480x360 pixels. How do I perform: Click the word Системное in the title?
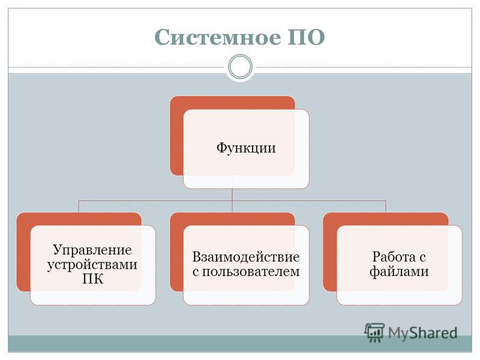tap(218, 37)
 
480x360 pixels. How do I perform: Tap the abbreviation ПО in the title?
tap(306, 37)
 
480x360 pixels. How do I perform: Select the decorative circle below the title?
tap(241, 67)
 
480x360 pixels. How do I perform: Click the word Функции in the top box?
tap(246, 148)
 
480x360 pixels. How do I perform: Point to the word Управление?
tap(92, 250)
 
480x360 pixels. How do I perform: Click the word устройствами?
tap(92, 265)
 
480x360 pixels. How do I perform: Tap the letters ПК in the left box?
tap(92, 279)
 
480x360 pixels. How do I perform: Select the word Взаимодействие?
tap(246, 257)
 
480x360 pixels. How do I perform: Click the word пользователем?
tap(251, 272)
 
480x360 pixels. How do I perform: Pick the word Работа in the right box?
tap(394, 257)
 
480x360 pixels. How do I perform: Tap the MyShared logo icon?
tap(374, 332)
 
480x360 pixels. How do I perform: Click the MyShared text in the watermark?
tap(423, 333)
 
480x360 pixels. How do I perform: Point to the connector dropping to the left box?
tap(79, 206)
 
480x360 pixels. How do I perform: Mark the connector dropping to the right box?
tap(386, 206)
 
